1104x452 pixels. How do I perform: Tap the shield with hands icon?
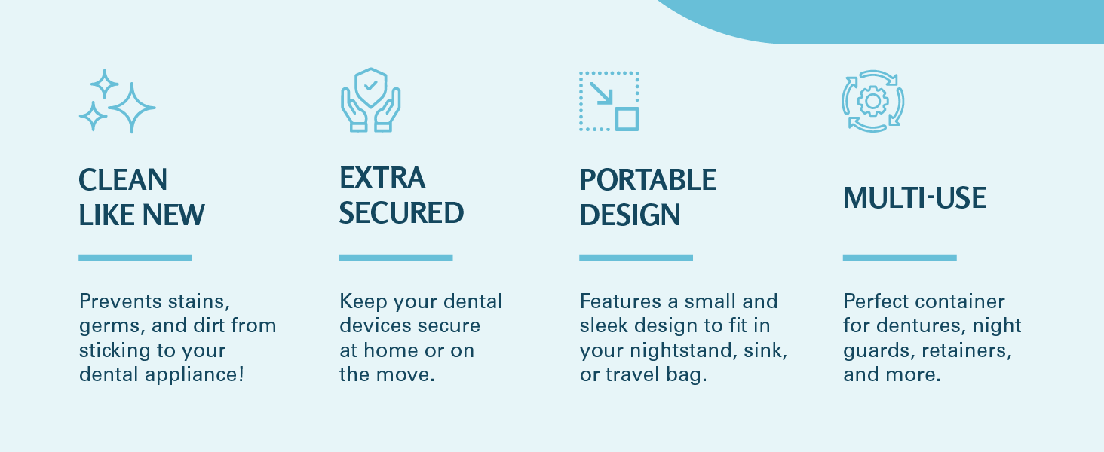point(370,100)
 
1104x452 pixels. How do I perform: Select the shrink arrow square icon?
point(609,102)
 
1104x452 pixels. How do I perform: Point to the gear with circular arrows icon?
point(872,102)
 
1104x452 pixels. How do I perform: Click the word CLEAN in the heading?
point(123,179)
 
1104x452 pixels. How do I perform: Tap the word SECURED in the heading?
point(401,212)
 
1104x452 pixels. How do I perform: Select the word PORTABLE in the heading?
point(648,179)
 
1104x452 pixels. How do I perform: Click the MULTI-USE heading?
point(915,198)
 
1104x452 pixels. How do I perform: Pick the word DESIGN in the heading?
point(630,215)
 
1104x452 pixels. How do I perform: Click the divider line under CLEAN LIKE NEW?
point(136,258)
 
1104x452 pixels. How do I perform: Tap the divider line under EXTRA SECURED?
point(396,258)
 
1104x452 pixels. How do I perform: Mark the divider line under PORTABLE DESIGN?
point(636,258)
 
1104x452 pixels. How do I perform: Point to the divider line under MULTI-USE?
point(900,258)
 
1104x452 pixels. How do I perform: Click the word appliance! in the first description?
point(195,375)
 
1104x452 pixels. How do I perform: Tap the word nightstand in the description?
point(684,350)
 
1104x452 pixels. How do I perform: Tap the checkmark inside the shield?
point(370,85)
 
